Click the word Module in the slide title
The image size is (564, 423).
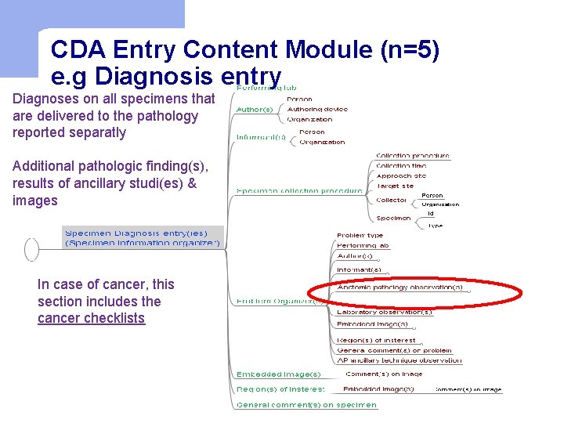[x=329, y=50]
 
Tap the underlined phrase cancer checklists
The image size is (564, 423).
[x=91, y=318]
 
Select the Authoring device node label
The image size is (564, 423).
[x=317, y=110]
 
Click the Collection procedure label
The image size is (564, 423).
[x=413, y=156]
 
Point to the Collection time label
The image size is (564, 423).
[x=401, y=166]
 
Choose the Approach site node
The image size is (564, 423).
[x=401, y=176]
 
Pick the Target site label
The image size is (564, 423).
[x=395, y=186]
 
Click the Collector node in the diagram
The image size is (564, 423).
[x=392, y=201]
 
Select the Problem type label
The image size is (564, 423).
[x=360, y=236]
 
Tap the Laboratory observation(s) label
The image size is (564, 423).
[x=384, y=312]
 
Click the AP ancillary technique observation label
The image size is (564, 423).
[x=399, y=361]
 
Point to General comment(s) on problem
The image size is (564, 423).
[x=394, y=351]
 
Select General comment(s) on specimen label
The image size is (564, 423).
[x=307, y=405]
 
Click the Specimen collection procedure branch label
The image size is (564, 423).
[x=299, y=190]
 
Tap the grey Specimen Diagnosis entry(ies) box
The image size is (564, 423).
[x=143, y=237]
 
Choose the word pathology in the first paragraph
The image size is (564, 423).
[x=167, y=116]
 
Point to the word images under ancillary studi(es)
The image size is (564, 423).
[x=35, y=201]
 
